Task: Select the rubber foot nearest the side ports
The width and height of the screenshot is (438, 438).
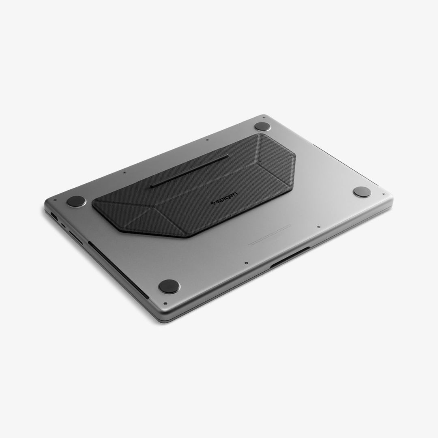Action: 76,201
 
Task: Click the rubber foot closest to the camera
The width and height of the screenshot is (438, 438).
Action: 169,286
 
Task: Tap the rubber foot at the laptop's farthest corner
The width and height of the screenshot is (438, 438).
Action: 262,127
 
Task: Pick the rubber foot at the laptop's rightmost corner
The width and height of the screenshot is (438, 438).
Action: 362,192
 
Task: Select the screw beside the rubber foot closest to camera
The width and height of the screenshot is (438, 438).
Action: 165,303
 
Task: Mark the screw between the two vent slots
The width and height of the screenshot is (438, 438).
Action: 247,263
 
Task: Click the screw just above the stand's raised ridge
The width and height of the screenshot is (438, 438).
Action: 207,140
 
